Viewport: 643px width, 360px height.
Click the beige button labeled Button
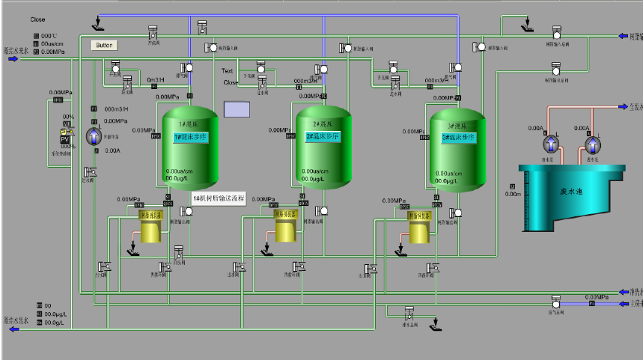105,45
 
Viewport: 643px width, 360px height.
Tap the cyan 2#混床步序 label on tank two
323,137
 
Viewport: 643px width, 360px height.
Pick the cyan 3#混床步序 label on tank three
456,138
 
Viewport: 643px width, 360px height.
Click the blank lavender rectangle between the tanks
237,109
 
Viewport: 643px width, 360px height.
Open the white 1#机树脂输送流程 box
219,198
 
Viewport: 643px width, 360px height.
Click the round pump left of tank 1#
94,135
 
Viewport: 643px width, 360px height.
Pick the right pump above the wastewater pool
592,144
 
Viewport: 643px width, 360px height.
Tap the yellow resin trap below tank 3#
420,229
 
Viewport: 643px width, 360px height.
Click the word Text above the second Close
228,71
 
